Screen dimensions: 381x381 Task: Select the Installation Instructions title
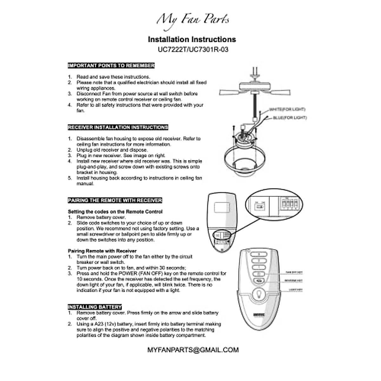pyautogui.click(x=192, y=39)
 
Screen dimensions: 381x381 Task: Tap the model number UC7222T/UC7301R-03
pyautogui.click(x=193, y=50)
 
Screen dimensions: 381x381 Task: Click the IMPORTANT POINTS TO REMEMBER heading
pyautogui.click(x=111, y=66)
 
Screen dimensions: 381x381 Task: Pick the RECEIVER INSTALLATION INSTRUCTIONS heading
pyautogui.click(x=118, y=127)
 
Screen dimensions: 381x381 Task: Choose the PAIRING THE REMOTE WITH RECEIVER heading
pyautogui.click(x=115, y=200)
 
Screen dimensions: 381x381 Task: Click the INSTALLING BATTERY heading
pyautogui.click(x=95, y=307)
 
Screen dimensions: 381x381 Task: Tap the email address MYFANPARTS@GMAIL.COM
pyautogui.click(x=193, y=350)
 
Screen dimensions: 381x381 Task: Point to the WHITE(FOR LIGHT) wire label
pyautogui.click(x=287, y=110)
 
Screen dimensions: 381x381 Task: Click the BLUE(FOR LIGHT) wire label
pyautogui.click(x=290, y=118)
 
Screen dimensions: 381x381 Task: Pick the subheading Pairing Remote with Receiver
pyautogui.click(x=102, y=251)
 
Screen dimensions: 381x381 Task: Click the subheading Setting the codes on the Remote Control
pyautogui.click(x=115, y=211)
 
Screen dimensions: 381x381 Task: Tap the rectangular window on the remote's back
pyautogui.click(x=222, y=208)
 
